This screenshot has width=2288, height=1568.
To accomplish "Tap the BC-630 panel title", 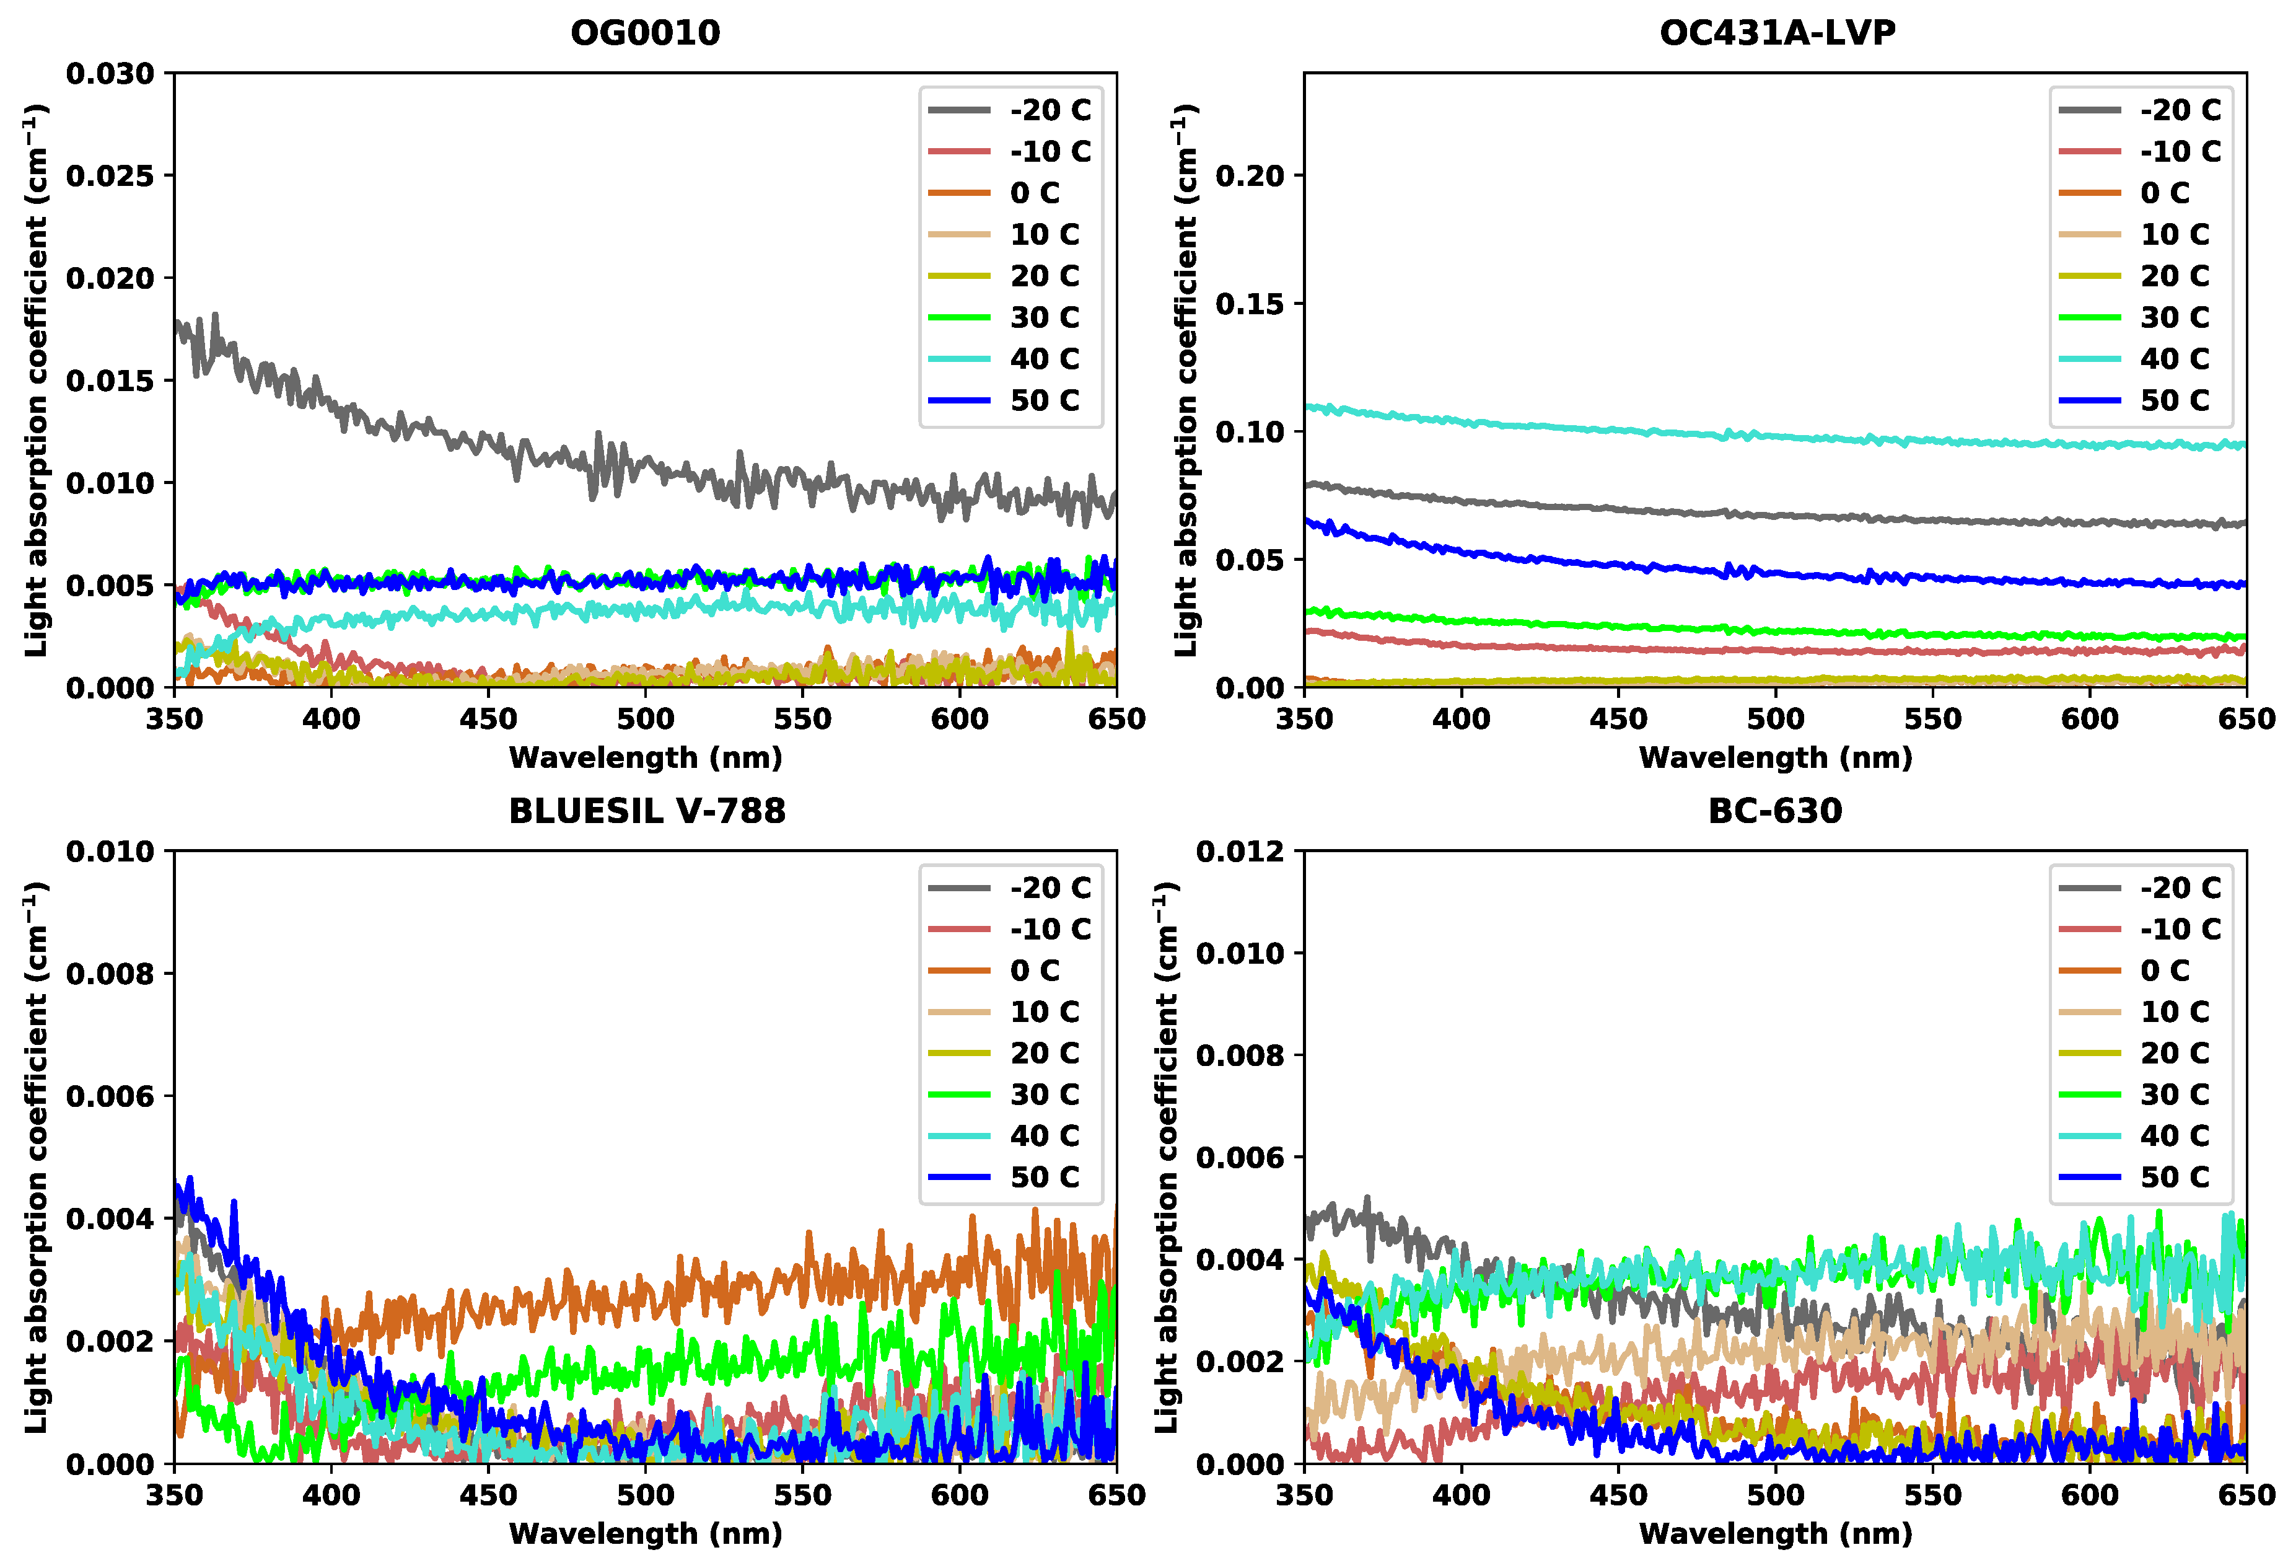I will [x=1774, y=811].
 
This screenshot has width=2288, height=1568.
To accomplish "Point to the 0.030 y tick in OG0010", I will [x=110, y=74].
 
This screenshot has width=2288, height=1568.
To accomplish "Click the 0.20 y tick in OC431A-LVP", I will [x=1250, y=176].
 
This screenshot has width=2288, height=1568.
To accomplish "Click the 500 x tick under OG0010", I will [x=645, y=719].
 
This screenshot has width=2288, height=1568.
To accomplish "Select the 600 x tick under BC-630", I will [x=2089, y=1495].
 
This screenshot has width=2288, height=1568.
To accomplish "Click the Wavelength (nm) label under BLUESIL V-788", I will [x=645, y=1533].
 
